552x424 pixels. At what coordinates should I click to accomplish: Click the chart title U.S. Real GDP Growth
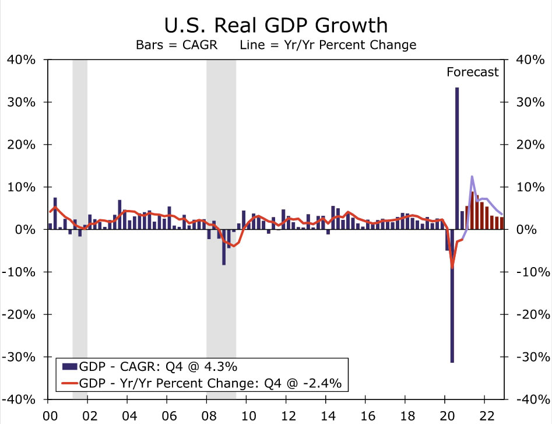coord(276,25)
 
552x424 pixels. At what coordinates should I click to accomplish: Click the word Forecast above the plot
coord(473,72)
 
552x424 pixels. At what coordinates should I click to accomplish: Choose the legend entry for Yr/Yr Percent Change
coord(201,383)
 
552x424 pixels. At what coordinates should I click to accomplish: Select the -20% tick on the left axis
coord(22,314)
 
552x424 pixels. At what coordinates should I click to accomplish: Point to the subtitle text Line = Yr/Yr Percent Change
coord(328,45)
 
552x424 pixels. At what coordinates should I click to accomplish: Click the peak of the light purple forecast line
coord(472,176)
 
